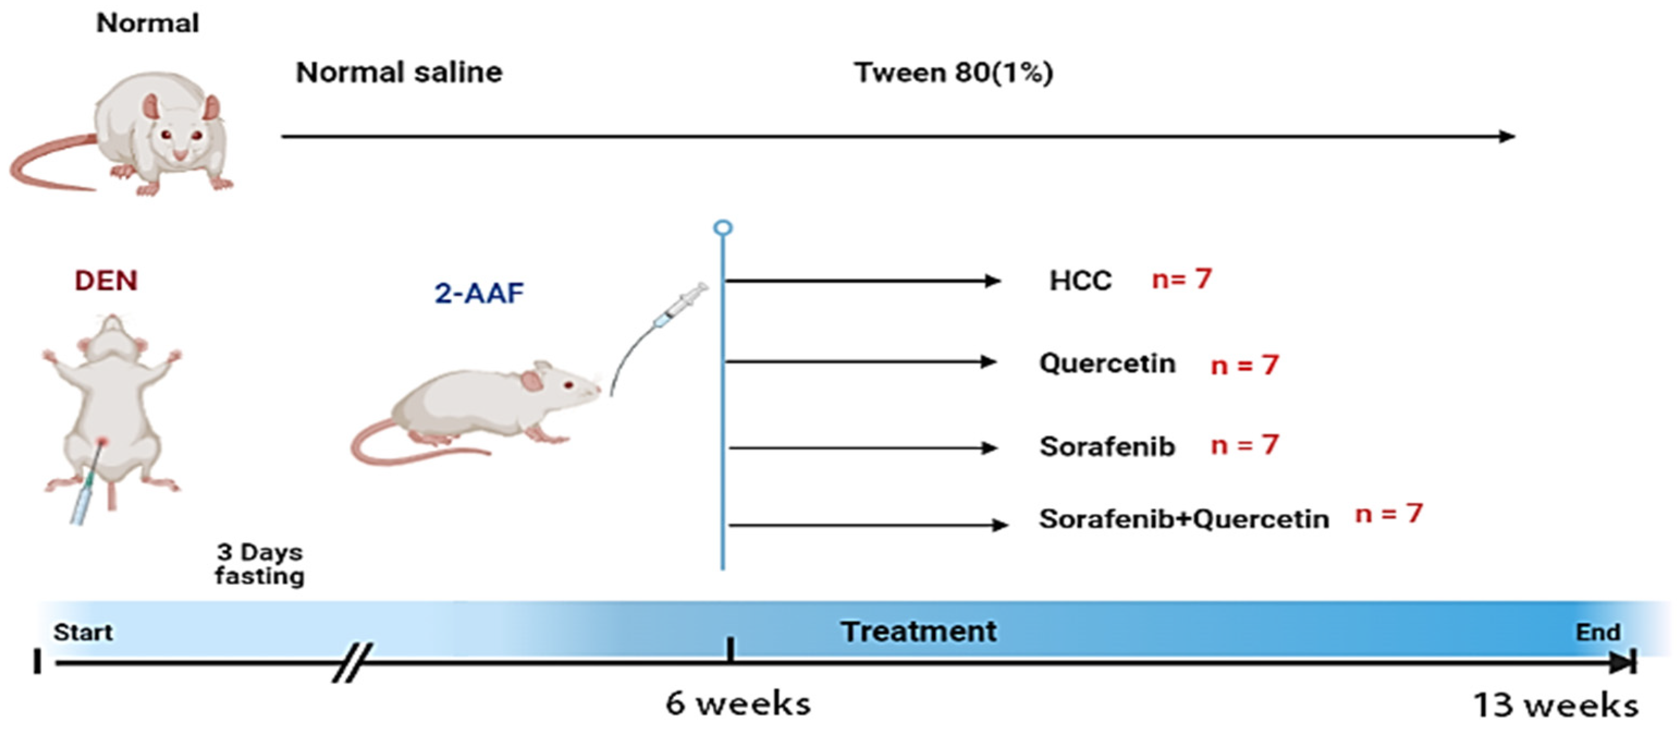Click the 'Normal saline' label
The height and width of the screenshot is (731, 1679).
(399, 72)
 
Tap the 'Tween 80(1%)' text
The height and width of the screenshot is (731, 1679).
(953, 72)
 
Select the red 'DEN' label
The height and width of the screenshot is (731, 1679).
(106, 281)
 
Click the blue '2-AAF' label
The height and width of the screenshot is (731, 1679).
(479, 293)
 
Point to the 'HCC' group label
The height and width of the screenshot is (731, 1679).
(1080, 281)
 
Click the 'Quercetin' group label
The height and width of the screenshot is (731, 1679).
(1108, 363)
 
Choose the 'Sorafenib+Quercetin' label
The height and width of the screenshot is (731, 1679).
(1184, 519)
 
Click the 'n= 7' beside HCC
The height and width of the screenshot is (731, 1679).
(1181, 279)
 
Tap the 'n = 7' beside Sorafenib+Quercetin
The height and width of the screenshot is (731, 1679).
(1388, 514)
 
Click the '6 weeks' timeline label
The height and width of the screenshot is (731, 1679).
(738, 704)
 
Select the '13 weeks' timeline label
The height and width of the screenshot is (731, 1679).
(1555, 705)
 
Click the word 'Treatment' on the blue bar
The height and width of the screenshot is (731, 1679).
(918, 631)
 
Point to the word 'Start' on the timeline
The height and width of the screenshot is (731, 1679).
(83, 632)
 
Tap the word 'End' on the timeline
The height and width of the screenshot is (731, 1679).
(1597, 632)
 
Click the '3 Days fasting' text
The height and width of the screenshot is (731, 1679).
(260, 564)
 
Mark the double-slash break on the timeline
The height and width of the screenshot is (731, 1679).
(353, 662)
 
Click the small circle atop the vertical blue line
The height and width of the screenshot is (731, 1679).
(723, 228)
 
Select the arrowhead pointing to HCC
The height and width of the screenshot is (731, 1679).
(992, 281)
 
